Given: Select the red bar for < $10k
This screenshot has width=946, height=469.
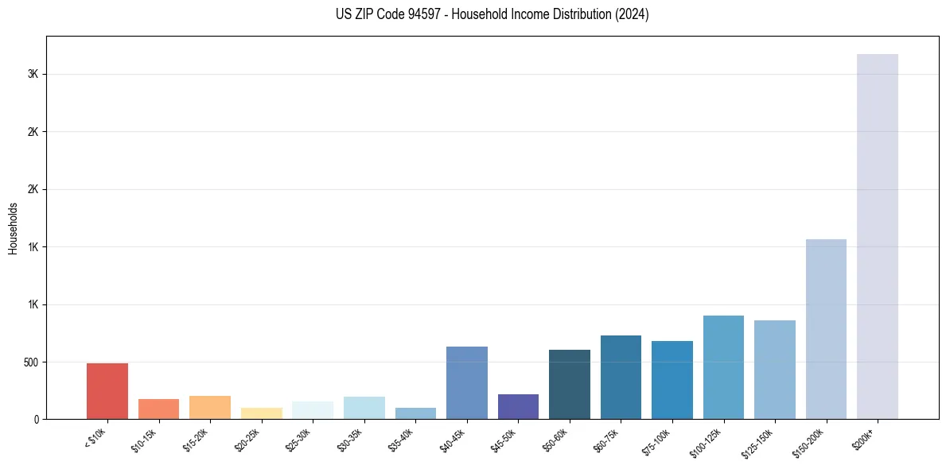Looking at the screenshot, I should (x=107, y=391).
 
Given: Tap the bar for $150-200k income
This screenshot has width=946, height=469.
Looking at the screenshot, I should (x=826, y=329).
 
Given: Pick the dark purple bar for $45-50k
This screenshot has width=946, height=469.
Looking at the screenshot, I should (x=518, y=406).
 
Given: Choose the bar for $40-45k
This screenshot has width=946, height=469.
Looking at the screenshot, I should (x=467, y=382).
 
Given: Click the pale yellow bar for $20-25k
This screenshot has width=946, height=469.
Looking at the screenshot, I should (x=262, y=413).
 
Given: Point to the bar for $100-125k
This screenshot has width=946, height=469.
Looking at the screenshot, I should (x=723, y=367).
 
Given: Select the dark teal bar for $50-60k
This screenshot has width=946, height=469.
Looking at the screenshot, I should (x=570, y=384).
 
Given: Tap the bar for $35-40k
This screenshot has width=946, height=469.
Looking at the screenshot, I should (x=415, y=413).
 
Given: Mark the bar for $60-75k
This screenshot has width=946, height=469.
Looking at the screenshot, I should (x=621, y=377).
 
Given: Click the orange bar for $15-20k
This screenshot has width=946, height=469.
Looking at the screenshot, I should (x=210, y=407).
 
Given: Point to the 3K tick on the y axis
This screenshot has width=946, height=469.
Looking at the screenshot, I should (x=33, y=74).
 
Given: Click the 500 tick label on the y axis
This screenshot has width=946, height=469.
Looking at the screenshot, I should (x=30, y=362).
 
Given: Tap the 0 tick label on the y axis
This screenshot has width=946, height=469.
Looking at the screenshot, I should (x=36, y=419).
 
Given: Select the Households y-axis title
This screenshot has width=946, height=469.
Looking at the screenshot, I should (x=14, y=228).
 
